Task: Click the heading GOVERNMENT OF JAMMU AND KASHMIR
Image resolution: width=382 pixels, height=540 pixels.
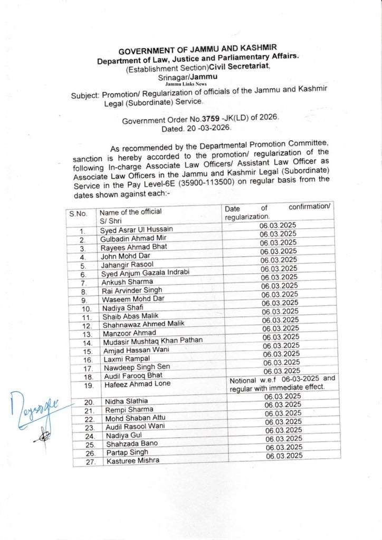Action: tap(197, 51)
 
